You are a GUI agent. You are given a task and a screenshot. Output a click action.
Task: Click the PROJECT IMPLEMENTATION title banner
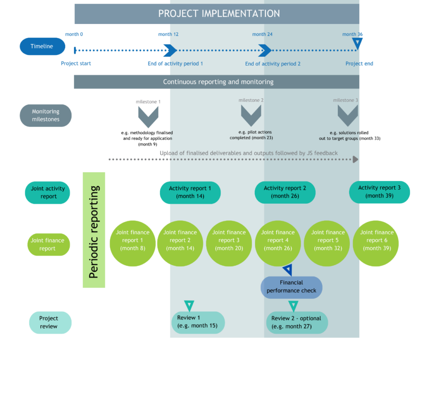pos(217,14)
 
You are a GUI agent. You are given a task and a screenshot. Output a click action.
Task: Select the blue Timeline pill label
pos(43,46)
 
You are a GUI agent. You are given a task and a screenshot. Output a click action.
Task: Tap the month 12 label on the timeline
pos(168,35)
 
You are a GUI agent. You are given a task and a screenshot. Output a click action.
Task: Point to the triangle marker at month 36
pos(357,43)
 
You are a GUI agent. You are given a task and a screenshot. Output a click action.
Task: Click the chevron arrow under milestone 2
pos(251,116)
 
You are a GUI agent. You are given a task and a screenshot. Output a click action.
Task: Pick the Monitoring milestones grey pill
pos(46,116)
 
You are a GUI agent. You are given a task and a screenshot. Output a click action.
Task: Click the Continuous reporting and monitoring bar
pos(217,82)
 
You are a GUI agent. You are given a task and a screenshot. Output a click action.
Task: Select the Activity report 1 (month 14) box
pos(190,192)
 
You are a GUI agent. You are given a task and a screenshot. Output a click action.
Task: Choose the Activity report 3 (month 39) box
pos(380,192)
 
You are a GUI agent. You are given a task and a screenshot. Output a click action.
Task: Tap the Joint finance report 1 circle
pos(132,240)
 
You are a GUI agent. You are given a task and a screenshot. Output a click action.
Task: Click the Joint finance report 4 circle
pos(278,240)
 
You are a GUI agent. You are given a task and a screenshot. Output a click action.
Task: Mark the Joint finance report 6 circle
pos(376,240)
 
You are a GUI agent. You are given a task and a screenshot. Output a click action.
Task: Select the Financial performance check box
pos(291,287)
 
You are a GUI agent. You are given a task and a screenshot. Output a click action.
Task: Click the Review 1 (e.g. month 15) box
pos(198,322)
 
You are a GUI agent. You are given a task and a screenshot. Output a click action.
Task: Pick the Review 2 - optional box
pos(297,322)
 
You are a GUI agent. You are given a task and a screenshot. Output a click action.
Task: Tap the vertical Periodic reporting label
pos(94,230)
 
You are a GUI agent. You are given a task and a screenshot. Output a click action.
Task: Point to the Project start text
pos(76,64)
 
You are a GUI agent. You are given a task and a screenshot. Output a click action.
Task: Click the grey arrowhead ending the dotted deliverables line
pos(355,159)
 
